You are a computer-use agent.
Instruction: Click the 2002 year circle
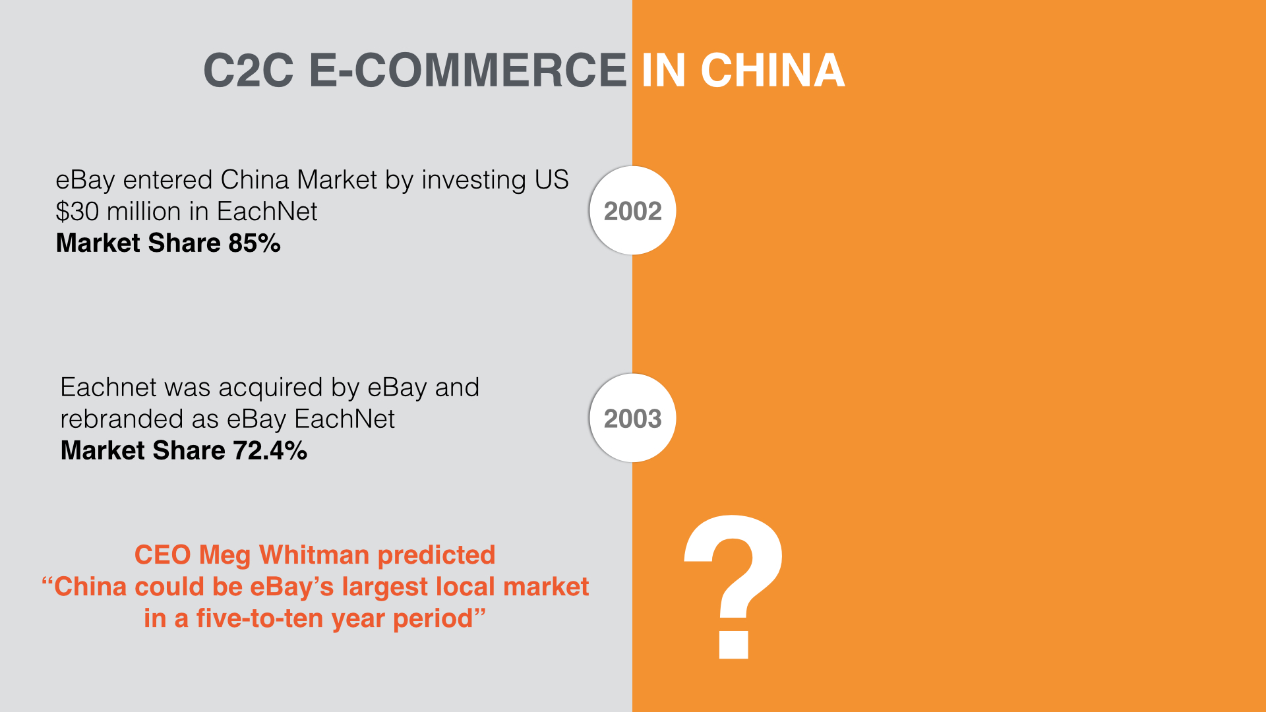pyautogui.click(x=632, y=210)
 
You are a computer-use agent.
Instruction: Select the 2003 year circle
pyautogui.click(x=632, y=418)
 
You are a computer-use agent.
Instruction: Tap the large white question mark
pyautogui.click(x=734, y=586)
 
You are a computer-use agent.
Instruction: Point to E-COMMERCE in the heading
pyautogui.click(x=467, y=71)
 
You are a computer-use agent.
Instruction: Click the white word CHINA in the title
pyautogui.click(x=772, y=71)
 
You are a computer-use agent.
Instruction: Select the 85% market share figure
pyautogui.click(x=255, y=243)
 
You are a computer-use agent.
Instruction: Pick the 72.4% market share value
pyautogui.click(x=270, y=451)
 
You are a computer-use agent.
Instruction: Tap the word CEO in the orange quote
pyautogui.click(x=162, y=555)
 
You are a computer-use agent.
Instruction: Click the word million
pyautogui.click(x=144, y=212)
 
